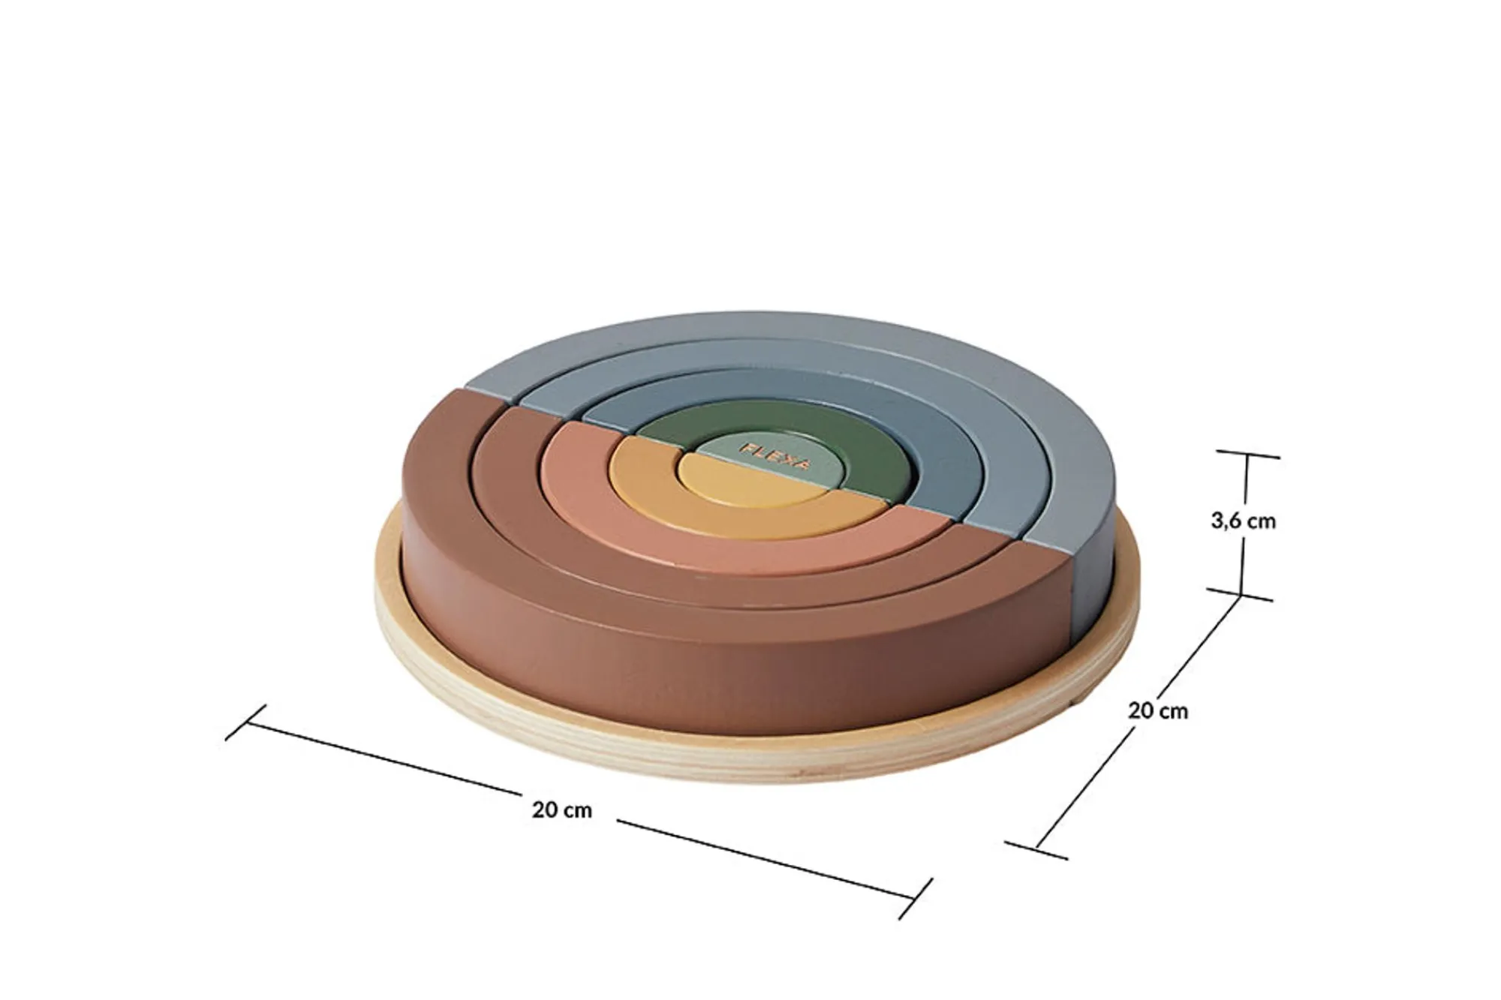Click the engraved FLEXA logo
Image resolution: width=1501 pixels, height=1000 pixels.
coord(775,455)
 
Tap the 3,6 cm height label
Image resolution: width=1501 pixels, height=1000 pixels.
coord(1243,521)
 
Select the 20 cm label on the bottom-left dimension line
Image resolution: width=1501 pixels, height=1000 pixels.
coord(562,810)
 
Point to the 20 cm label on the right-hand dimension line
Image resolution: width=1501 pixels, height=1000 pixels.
coord(1158,710)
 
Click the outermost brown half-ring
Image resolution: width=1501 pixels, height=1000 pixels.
coord(525,600)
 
